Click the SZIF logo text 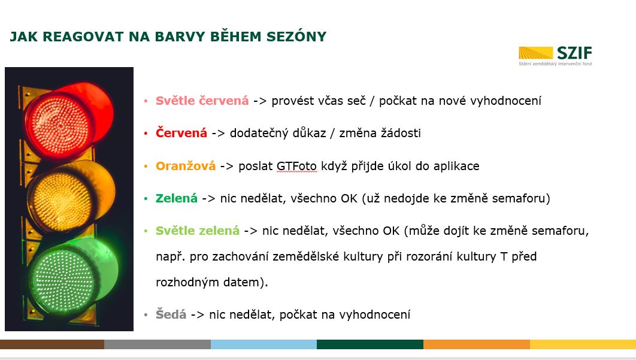(x=574, y=53)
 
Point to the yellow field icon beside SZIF (x=535, y=53)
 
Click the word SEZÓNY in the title (x=296, y=37)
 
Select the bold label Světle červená (x=202, y=101)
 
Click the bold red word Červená (x=181, y=133)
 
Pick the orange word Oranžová (x=186, y=165)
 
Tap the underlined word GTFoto (x=296, y=166)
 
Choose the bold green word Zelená (x=177, y=198)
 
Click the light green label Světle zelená (x=198, y=231)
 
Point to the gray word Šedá (x=171, y=314)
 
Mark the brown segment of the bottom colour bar (x=52, y=344)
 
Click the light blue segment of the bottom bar (x=264, y=344)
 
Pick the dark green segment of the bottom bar (x=370, y=344)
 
